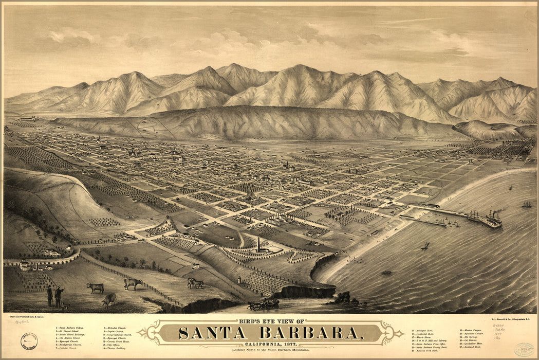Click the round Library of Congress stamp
pyautogui.click(x=29, y=340)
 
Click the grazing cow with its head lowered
pyautogui.click(x=109, y=299)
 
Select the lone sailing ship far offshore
pyautogui.click(x=527, y=204)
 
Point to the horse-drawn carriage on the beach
pyautogui.click(x=264, y=304)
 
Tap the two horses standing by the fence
pyautogui.click(x=195, y=282)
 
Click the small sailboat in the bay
pyautogui.click(x=425, y=246)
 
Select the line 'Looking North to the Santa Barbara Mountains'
pyautogui.click(x=271, y=350)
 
